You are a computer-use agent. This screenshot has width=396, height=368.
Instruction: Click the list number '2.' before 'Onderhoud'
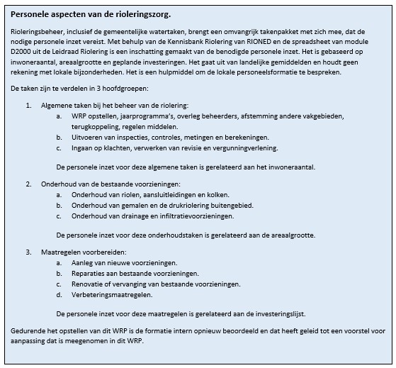click(29, 184)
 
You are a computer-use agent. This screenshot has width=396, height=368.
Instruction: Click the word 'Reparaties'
click(89, 272)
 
